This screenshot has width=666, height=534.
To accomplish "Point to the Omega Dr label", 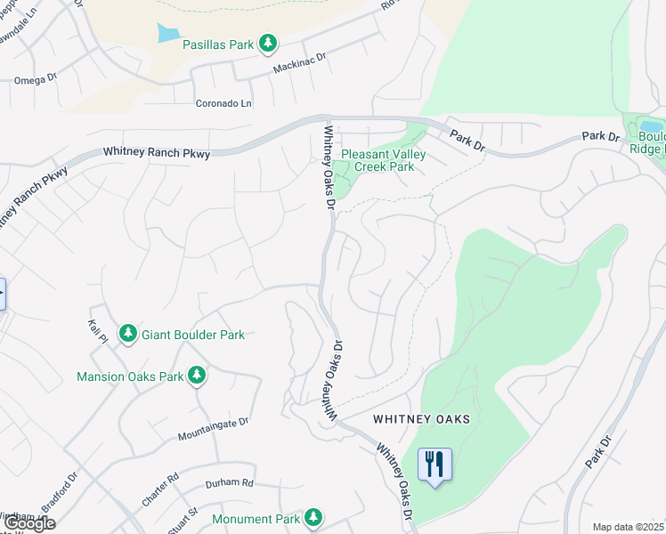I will pos(36,79).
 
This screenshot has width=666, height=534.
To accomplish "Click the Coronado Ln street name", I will pos(223,103).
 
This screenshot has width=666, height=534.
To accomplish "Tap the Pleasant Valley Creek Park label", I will pos(384,160).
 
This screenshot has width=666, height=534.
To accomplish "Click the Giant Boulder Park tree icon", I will pos(128,334).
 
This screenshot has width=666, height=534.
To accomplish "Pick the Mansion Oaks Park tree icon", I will pos(197,376).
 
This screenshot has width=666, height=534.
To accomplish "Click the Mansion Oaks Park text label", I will pos(129,376).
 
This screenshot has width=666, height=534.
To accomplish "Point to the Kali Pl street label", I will pos(98,333).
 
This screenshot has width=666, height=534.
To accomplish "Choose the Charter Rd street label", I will pos(161,489).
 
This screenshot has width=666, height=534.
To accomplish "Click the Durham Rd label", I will pos(230,482).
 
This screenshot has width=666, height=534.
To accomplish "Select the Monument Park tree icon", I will pos(312,517).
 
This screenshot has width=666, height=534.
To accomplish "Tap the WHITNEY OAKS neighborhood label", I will pos(421,418).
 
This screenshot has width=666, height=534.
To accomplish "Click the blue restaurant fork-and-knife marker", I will pos(435,465).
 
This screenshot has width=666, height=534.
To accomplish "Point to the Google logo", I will pos(28,523).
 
